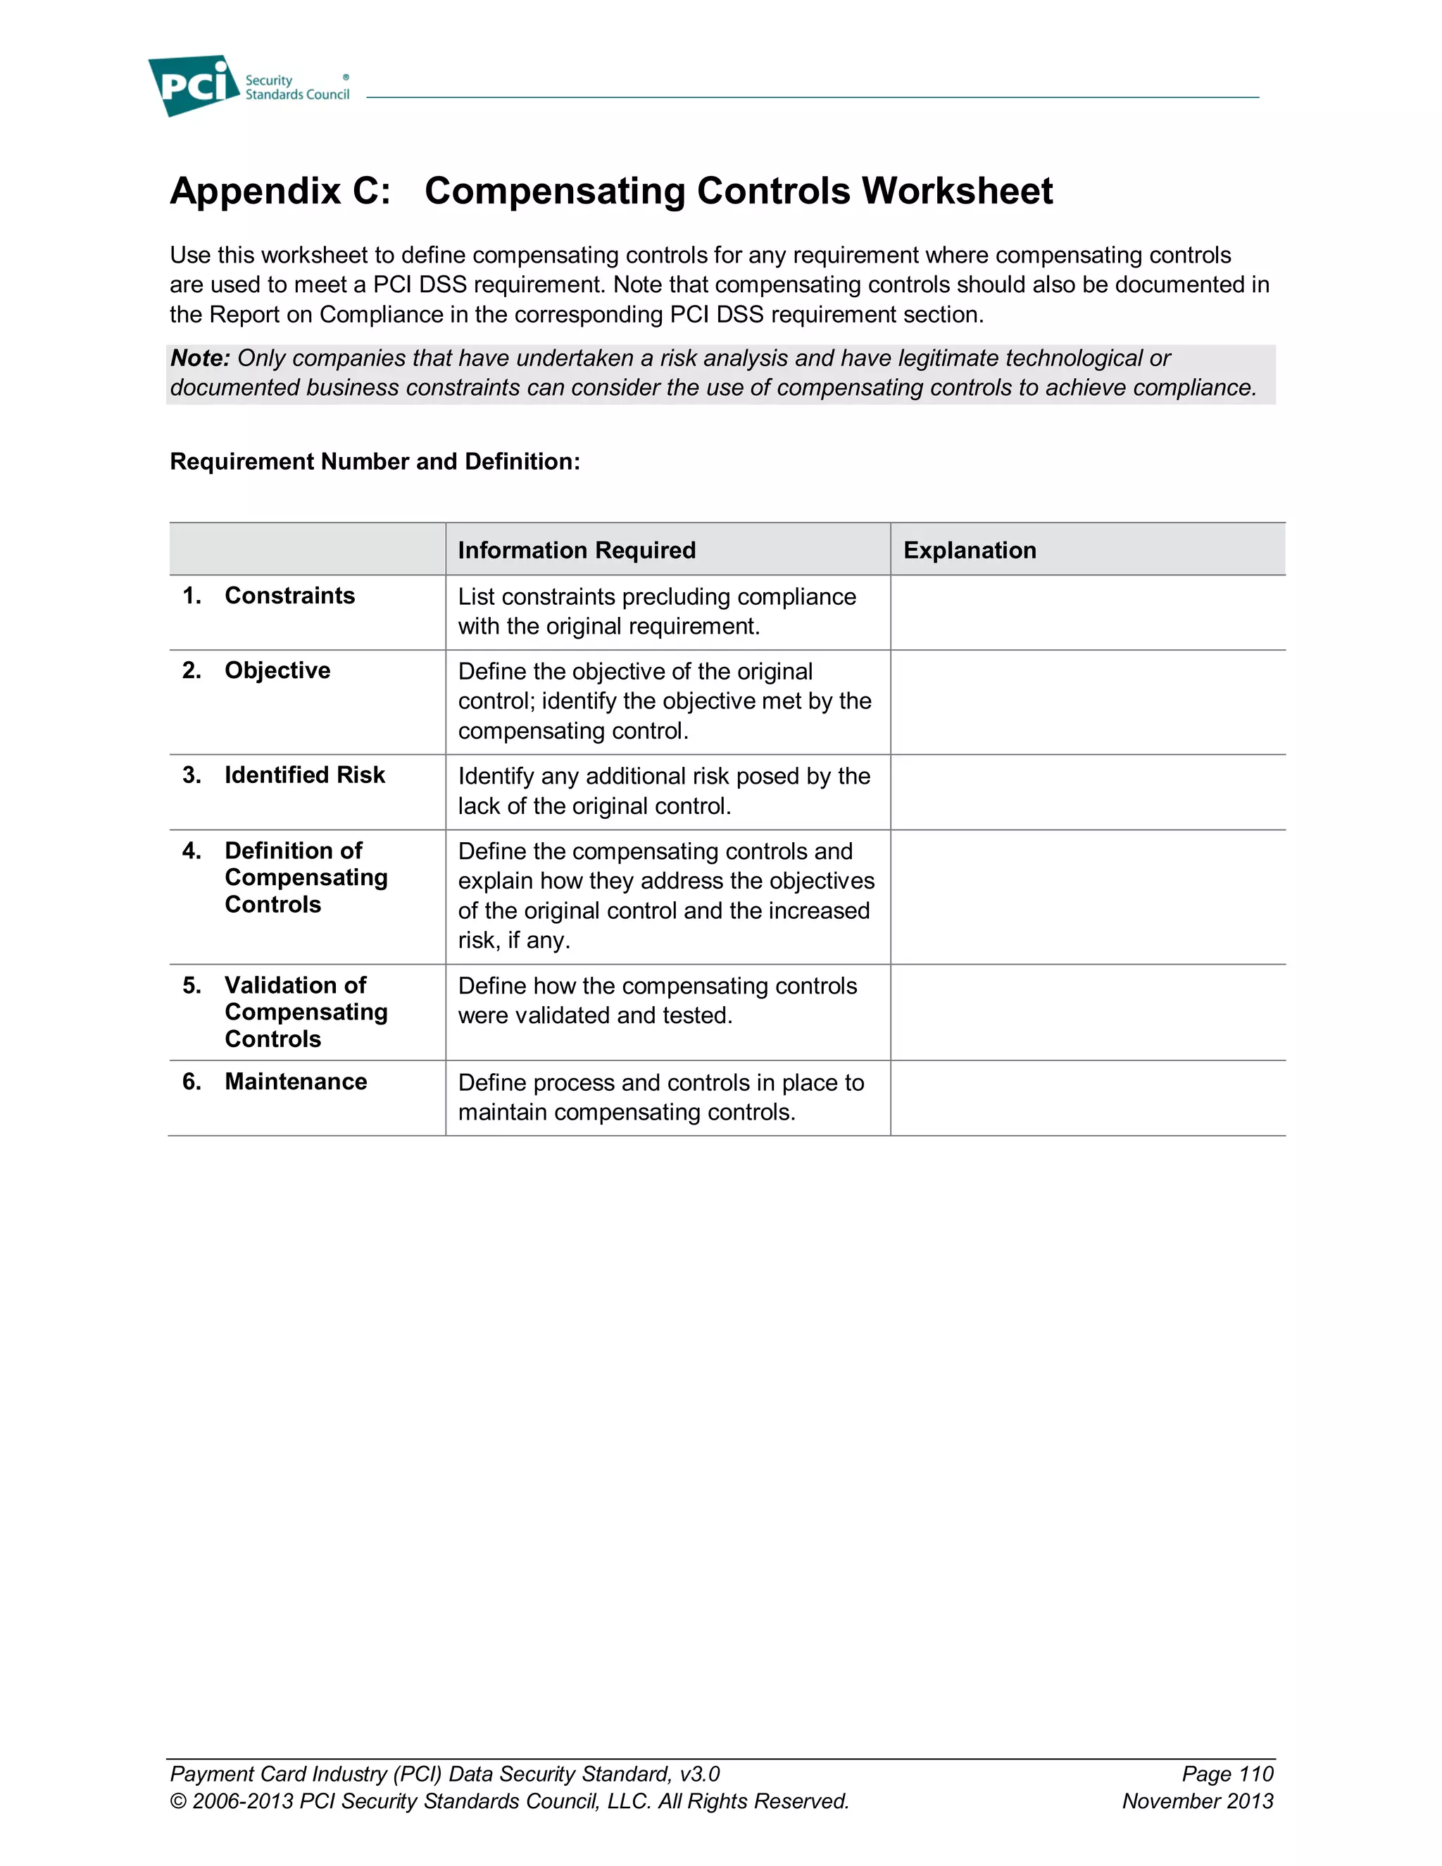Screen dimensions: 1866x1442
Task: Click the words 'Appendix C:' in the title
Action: click(280, 191)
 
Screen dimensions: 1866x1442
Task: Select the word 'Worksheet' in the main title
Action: click(957, 191)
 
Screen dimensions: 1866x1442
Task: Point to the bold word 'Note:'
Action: click(200, 358)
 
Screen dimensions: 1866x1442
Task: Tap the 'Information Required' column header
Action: click(577, 550)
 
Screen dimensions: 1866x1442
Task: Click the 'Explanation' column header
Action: click(970, 550)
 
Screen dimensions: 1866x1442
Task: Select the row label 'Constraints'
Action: click(289, 596)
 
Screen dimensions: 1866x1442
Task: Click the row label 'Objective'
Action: click(277, 670)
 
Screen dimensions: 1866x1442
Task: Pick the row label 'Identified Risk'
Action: click(304, 775)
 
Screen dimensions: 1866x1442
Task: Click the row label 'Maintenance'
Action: click(296, 1082)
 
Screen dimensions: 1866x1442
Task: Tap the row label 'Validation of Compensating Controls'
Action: click(306, 1013)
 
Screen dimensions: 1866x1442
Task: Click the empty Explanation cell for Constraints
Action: click(1087, 613)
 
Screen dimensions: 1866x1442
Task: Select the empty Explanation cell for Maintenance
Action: click(1087, 1098)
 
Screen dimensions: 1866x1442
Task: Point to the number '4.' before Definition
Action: click(192, 851)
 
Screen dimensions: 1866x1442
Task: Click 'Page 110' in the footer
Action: click(1227, 1774)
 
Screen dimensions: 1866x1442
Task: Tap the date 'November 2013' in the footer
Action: click(1197, 1801)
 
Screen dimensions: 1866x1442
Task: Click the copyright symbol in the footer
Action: click(177, 1802)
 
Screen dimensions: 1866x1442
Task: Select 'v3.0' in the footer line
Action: click(700, 1774)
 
